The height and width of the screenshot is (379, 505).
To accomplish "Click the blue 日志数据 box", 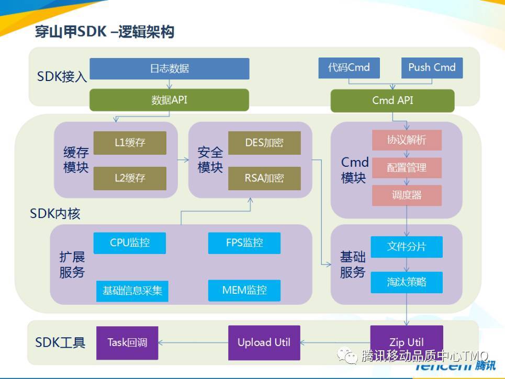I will [x=169, y=68].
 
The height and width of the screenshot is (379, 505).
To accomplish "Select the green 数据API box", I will [x=169, y=100].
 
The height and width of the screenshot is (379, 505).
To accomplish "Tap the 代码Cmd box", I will [x=349, y=68].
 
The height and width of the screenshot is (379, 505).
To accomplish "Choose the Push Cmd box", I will [x=432, y=68].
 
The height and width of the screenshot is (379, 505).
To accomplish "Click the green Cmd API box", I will [x=392, y=100].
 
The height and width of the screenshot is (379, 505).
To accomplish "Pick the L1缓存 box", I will [x=130, y=143].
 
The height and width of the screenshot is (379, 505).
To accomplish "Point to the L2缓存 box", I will [x=130, y=178].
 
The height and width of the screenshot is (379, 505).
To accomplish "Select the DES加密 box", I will [x=264, y=143].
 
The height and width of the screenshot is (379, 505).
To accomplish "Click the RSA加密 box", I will [x=264, y=178].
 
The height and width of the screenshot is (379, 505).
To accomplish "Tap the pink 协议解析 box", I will [x=407, y=140].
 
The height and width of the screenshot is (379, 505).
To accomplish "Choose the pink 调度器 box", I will [x=407, y=196].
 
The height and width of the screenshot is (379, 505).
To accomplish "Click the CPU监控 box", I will [x=130, y=243].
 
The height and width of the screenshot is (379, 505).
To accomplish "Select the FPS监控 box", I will [x=244, y=243].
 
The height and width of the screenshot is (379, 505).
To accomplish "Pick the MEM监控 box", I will [x=244, y=290].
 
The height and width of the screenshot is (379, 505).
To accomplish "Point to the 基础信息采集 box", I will [x=132, y=291].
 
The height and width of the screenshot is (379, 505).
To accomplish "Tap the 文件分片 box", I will [x=407, y=247].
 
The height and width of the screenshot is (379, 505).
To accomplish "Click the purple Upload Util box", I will [x=264, y=342].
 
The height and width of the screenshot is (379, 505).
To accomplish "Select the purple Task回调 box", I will [x=127, y=343].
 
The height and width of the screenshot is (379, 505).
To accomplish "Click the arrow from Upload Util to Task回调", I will [x=193, y=343].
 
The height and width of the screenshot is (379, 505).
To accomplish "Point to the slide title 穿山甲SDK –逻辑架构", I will [x=105, y=32].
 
